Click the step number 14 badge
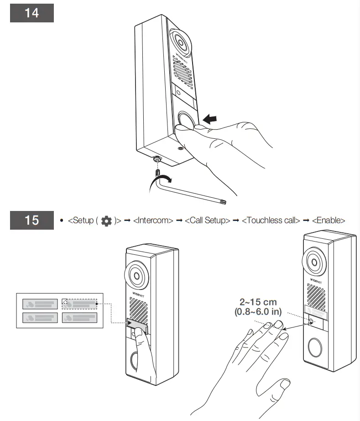pos(31,13)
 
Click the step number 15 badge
pos(31,220)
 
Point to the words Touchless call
pos(271,221)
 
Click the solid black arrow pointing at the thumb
pos(214,119)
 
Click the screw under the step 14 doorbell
pos(157,159)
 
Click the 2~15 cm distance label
pos(258,302)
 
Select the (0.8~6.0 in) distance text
pos(258,312)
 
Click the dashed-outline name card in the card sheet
pos(79,303)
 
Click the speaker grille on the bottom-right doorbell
pos(314,295)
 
